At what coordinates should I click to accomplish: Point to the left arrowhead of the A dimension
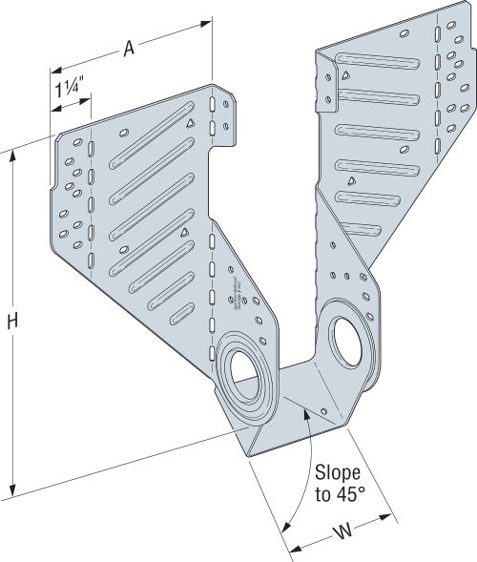pyautogui.click(x=54, y=70)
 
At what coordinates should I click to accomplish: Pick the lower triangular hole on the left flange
pyautogui.click(x=183, y=232)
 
